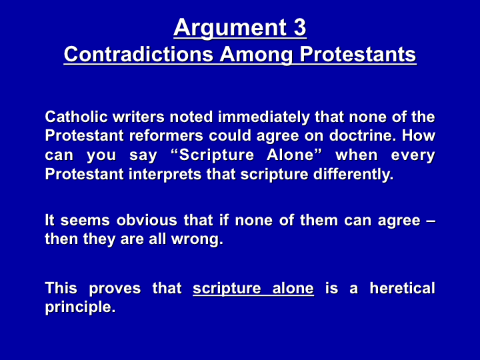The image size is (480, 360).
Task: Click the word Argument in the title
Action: (x=226, y=29)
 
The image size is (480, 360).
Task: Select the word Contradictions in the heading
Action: (x=139, y=54)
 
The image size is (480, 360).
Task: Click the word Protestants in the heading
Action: (x=358, y=54)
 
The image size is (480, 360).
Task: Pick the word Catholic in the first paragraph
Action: (x=76, y=117)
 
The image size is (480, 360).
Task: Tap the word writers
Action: (x=139, y=117)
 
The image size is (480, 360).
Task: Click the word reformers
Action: (x=166, y=135)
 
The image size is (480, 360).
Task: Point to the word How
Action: (x=418, y=135)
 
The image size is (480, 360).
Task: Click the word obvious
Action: (x=147, y=221)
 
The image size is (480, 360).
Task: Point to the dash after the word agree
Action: (x=431, y=221)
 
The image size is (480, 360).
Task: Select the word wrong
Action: (x=197, y=240)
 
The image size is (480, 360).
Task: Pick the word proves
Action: (x=115, y=289)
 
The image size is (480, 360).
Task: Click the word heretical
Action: (x=402, y=289)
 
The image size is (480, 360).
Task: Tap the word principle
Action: (x=80, y=307)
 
